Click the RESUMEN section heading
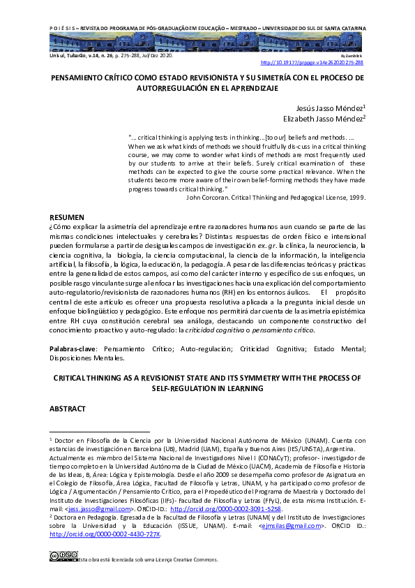68,217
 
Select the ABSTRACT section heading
68,407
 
